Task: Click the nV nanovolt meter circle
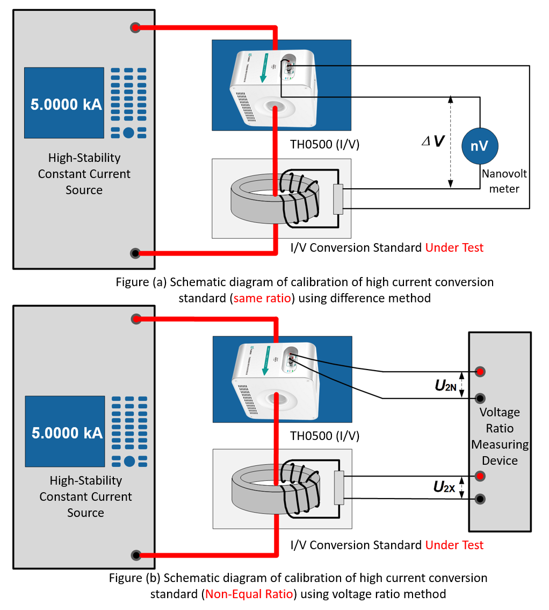pyautogui.click(x=480, y=145)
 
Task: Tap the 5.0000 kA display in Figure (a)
pyautogui.click(x=64, y=103)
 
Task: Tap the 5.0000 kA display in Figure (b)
pyautogui.click(x=65, y=431)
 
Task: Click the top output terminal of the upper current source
pyautogui.click(x=135, y=27)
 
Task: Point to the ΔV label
pyautogui.click(x=432, y=141)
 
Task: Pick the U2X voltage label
pyautogui.click(x=444, y=487)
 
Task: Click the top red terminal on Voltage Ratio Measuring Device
pyautogui.click(x=480, y=372)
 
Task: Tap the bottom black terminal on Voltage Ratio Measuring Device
pyautogui.click(x=480, y=499)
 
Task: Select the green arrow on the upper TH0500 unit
pyautogui.click(x=263, y=68)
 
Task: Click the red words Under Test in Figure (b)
pyautogui.click(x=454, y=545)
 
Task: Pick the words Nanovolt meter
pyautogui.click(x=504, y=181)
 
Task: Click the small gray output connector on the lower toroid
pyautogui.click(x=339, y=488)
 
